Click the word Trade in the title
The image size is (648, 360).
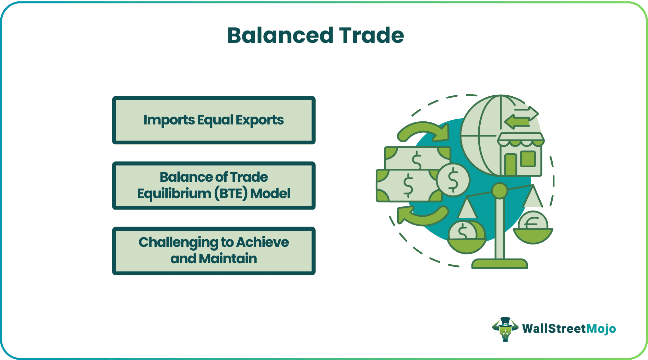(x=372, y=35)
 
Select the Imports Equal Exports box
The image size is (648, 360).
(x=214, y=120)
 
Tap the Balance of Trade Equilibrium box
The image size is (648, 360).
(x=214, y=185)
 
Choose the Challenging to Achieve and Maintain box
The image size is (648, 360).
(x=214, y=251)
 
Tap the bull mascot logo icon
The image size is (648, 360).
(x=505, y=329)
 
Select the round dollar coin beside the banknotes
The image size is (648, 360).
(x=453, y=179)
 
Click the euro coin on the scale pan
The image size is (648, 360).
(x=533, y=224)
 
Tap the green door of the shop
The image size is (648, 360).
(x=511, y=165)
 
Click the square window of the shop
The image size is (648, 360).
(x=528, y=158)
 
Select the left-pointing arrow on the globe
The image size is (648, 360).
(x=516, y=122)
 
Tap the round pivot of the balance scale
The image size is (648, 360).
(x=499, y=191)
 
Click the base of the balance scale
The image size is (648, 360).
(x=499, y=264)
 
